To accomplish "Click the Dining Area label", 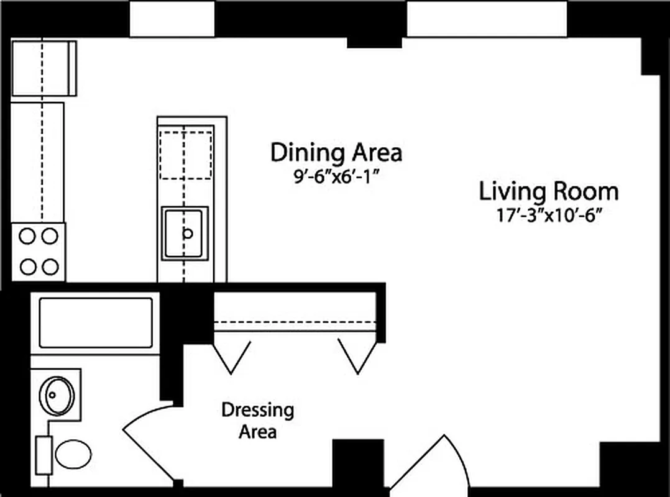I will tap(336, 152).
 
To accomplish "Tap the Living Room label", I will tap(548, 191).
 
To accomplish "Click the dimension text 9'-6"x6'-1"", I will tap(336, 176).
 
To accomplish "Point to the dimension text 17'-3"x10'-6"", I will tap(548, 217).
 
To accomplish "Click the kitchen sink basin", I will tap(185, 233).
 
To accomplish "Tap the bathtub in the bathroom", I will tap(96, 322).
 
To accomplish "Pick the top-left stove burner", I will tap(28, 235).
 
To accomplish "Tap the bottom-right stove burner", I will tap(50, 267).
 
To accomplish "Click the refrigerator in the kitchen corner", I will tap(44, 68).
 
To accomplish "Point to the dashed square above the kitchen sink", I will tap(186, 154).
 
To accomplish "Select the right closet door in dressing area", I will tap(357, 357).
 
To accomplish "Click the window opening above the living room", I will tap(487, 19).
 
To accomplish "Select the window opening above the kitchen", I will tap(173, 19).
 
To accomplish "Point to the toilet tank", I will tap(44, 455).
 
